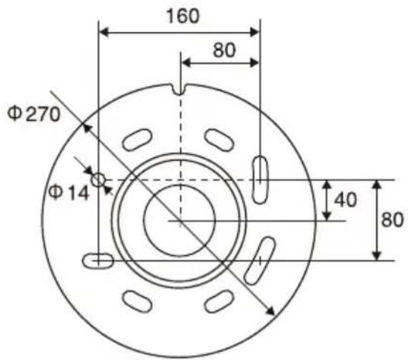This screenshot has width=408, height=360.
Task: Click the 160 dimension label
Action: (x=183, y=16)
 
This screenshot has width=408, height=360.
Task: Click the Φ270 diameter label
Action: (x=34, y=114)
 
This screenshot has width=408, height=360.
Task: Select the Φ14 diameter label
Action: (x=69, y=193)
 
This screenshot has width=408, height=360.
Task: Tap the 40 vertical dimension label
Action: (x=346, y=200)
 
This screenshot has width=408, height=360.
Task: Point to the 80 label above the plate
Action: (x=224, y=50)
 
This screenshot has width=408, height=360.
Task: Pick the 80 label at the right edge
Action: (x=392, y=220)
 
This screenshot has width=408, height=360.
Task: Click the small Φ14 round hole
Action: (x=98, y=180)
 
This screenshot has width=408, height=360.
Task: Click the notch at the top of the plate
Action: (x=179, y=89)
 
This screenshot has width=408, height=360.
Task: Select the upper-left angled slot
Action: (x=137, y=140)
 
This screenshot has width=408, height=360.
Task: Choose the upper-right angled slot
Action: (x=219, y=140)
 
